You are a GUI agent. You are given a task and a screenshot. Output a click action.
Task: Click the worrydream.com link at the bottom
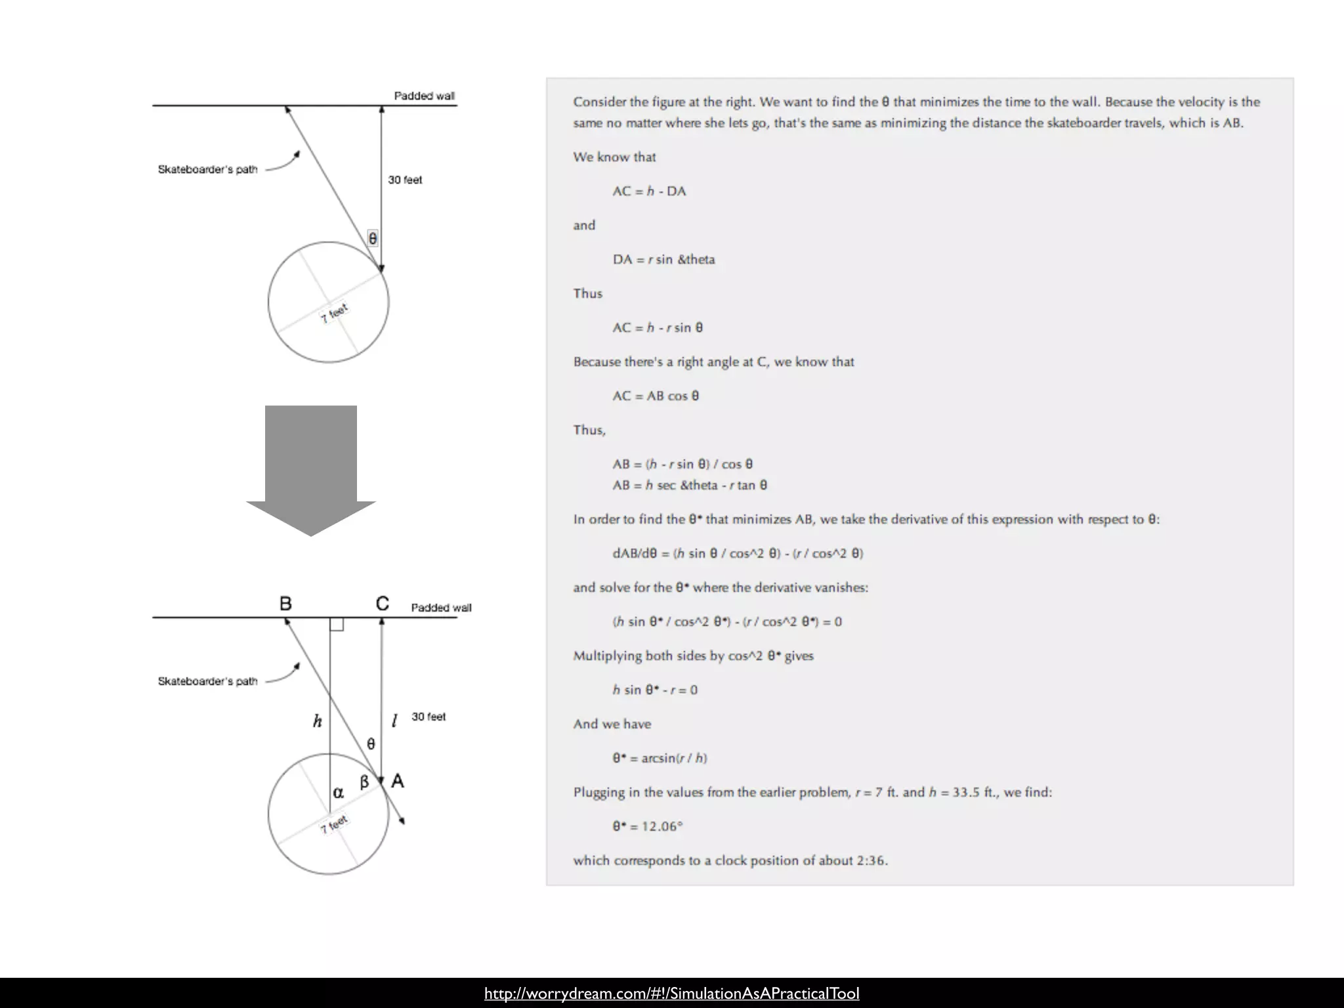click(671, 994)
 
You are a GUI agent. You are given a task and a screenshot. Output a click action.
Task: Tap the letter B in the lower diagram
click(285, 604)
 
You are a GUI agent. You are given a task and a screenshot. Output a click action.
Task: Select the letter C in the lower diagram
click(383, 604)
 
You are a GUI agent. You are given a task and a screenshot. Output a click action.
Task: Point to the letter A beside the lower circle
click(398, 781)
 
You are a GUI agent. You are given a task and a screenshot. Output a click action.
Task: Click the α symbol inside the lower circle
click(338, 793)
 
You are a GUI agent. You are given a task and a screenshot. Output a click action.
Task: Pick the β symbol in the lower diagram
click(364, 782)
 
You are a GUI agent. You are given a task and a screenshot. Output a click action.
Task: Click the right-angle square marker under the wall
click(337, 624)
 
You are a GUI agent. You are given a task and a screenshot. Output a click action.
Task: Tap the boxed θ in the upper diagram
click(373, 238)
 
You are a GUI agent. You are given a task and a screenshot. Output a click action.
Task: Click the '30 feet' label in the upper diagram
click(405, 180)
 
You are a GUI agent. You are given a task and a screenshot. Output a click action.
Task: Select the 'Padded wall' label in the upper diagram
click(424, 96)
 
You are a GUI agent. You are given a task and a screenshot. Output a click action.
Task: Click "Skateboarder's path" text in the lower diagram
click(207, 681)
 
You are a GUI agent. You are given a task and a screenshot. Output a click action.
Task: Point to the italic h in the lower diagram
click(318, 722)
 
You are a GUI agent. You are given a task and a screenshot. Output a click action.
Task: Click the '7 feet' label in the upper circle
click(335, 313)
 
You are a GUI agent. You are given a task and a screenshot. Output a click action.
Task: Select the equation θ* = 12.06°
click(648, 826)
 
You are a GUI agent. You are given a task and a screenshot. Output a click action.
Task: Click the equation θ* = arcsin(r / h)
click(660, 758)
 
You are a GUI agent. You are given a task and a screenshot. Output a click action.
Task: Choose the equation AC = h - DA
click(649, 191)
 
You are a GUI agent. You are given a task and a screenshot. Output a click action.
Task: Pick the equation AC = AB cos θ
click(656, 396)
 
